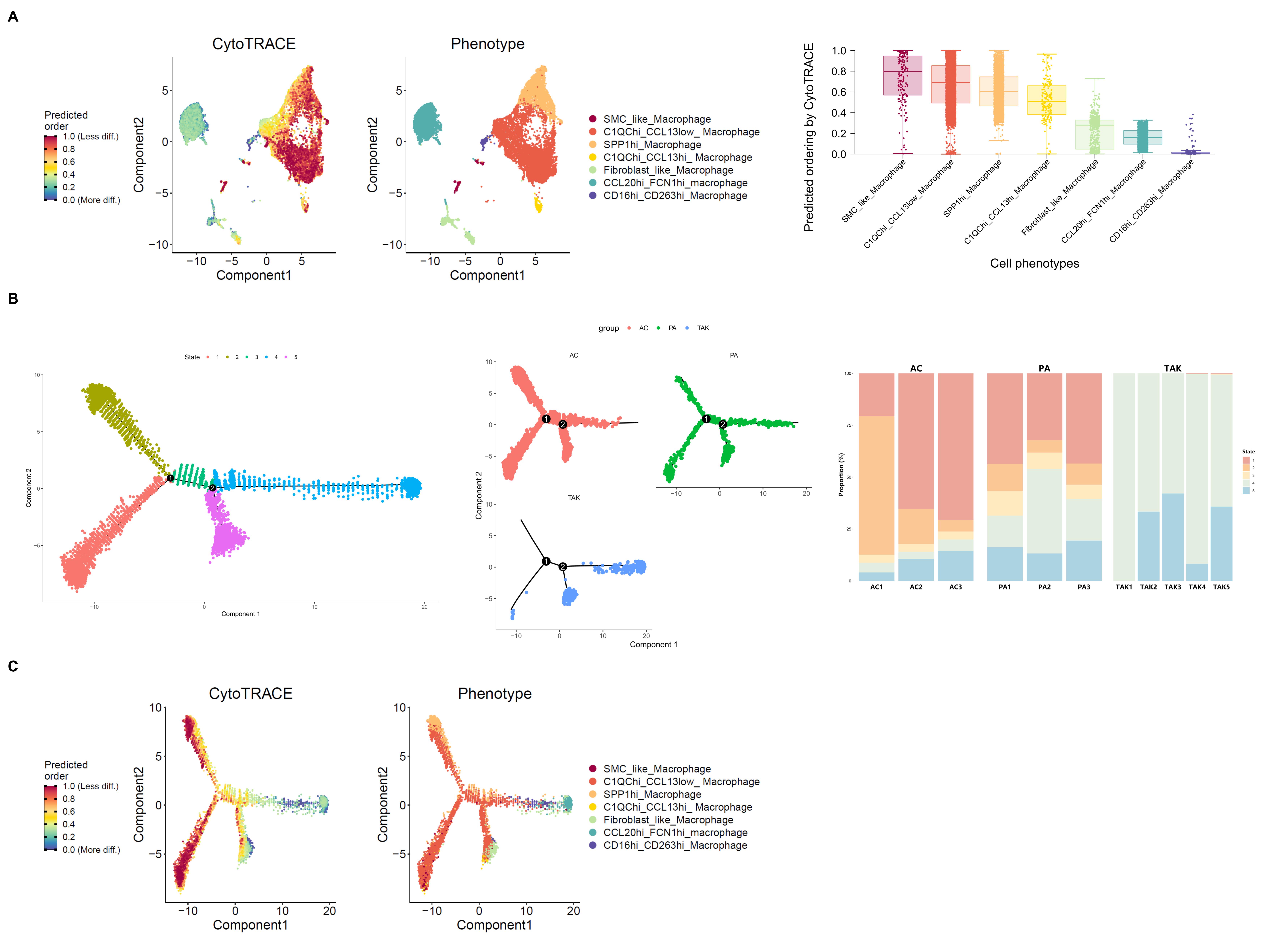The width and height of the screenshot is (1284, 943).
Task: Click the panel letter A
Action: pyautogui.click(x=13, y=17)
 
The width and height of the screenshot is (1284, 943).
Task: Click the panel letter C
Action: pyautogui.click(x=13, y=666)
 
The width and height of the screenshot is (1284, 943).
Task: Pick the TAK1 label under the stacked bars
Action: pyautogui.click(x=1124, y=587)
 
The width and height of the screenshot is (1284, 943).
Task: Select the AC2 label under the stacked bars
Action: pyautogui.click(x=916, y=587)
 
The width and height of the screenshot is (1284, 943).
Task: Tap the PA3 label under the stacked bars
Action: pyautogui.click(x=1084, y=587)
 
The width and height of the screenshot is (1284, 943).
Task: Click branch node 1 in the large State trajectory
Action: pyautogui.click(x=170, y=478)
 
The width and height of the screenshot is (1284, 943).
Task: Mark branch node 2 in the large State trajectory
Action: pyautogui.click(x=212, y=488)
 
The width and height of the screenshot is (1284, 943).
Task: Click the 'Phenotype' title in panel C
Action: pyautogui.click(x=495, y=693)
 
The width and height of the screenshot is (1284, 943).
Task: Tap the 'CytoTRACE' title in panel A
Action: pyautogui.click(x=253, y=44)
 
